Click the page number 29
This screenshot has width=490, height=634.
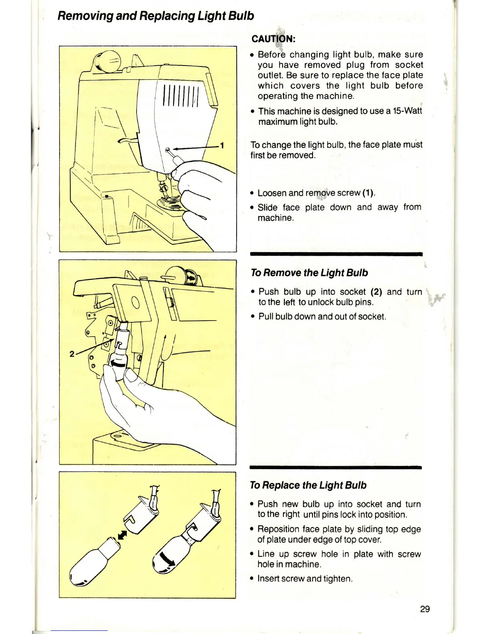425,609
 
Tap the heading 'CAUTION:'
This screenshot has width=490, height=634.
273,39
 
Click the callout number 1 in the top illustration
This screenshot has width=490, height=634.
222,145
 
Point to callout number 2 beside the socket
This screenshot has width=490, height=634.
72,353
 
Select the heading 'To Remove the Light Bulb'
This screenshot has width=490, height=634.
309,273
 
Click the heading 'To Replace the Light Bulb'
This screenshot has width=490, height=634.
308,485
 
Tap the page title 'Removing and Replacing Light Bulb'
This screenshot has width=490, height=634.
156,16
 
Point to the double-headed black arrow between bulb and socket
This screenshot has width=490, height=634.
122,535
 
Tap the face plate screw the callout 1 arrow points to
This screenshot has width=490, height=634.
167,150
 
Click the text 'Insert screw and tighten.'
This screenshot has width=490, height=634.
305,578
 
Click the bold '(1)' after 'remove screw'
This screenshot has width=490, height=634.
368,193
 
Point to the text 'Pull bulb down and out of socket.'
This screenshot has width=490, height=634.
322,317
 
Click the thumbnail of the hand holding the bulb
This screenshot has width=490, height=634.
147,362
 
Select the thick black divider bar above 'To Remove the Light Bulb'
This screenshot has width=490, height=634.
336,254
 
